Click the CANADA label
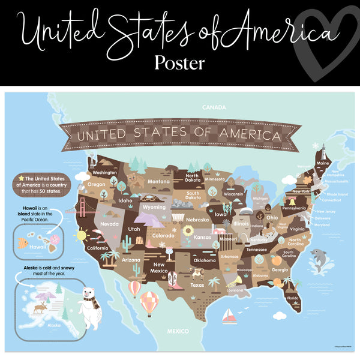click(214, 108)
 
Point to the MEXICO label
click(178, 331)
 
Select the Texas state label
click(197, 285)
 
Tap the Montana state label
click(158, 182)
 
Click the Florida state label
click(292, 298)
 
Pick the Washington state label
click(104, 173)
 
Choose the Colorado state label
click(163, 236)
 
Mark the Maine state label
click(323, 163)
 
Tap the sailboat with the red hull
click(229, 317)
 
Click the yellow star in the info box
click(20, 178)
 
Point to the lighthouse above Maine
click(322, 151)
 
